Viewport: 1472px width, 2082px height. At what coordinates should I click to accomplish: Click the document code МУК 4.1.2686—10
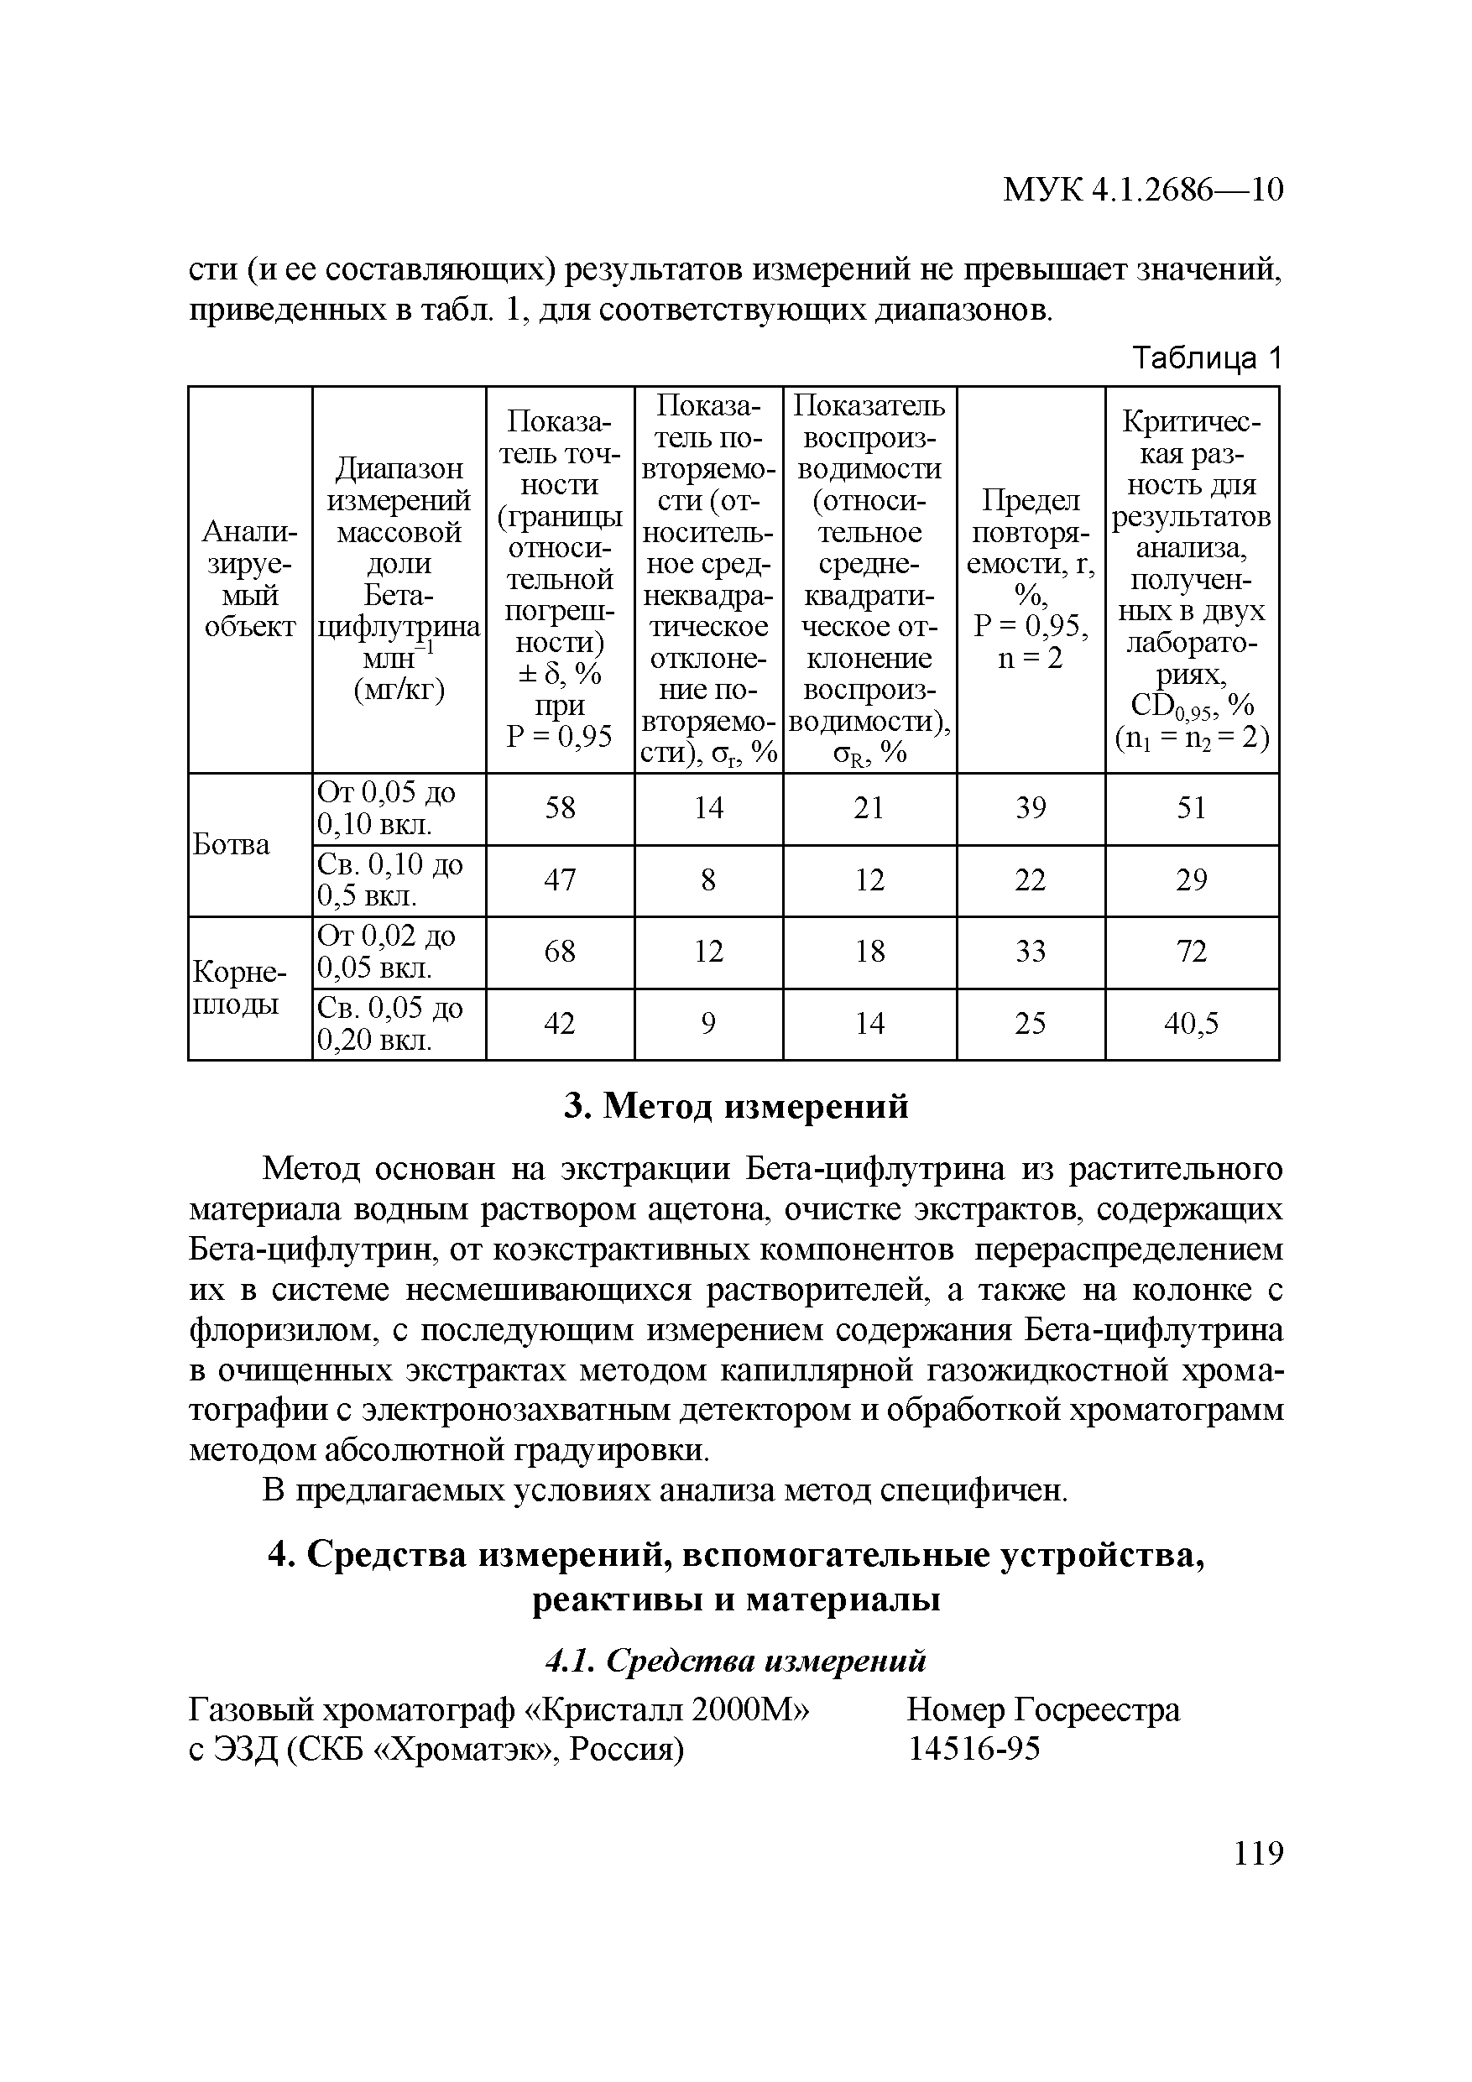tap(1143, 190)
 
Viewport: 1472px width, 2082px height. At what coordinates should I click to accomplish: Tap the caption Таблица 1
tap(1207, 358)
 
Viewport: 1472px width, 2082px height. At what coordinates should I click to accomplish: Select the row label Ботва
tap(232, 844)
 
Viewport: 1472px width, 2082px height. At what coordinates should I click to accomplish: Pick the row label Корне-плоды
tap(238, 989)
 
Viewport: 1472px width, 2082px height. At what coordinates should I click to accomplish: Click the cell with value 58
tap(560, 808)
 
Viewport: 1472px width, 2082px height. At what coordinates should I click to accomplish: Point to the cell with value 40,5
tap(1191, 1024)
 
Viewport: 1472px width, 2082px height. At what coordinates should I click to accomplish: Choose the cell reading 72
tap(1191, 952)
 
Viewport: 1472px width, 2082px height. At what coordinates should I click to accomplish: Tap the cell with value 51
tap(1191, 808)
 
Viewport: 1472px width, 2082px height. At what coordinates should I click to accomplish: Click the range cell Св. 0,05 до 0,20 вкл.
tap(389, 1024)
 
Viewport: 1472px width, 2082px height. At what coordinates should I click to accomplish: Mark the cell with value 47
tap(560, 879)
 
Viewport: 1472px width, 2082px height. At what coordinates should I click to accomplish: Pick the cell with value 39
tap(1031, 808)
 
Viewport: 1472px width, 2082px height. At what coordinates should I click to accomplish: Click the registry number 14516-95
tap(974, 1747)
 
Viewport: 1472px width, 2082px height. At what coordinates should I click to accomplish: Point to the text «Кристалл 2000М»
tap(666, 1709)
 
